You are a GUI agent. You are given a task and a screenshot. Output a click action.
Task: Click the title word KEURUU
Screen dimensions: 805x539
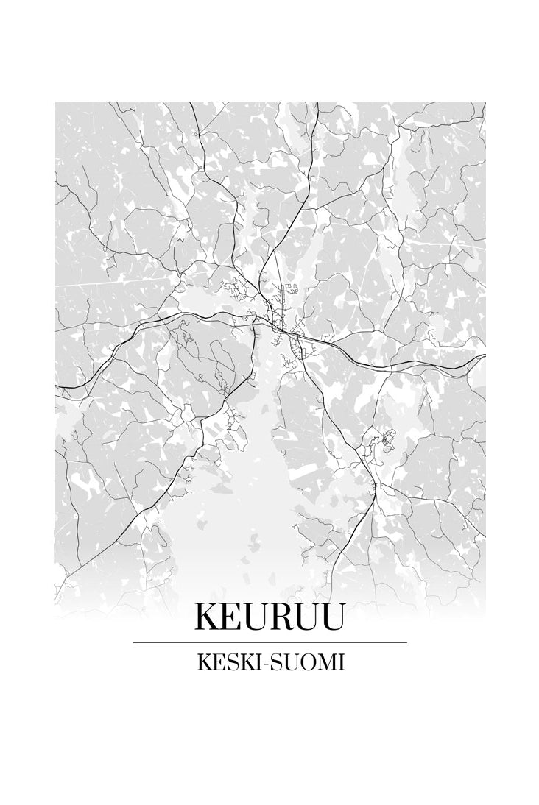pyautogui.click(x=269, y=617)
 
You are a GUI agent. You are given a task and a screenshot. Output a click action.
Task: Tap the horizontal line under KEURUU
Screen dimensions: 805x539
pyautogui.click(x=269, y=642)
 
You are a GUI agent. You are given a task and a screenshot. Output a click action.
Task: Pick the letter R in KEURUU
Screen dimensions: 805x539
pyautogui.click(x=282, y=617)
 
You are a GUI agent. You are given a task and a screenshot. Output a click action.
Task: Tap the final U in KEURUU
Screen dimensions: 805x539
pyautogui.click(x=331, y=617)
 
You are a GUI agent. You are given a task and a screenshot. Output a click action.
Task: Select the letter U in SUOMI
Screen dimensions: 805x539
pyautogui.click(x=284, y=662)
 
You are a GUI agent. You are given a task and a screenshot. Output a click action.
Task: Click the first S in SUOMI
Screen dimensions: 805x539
pyautogui.click(x=268, y=662)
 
